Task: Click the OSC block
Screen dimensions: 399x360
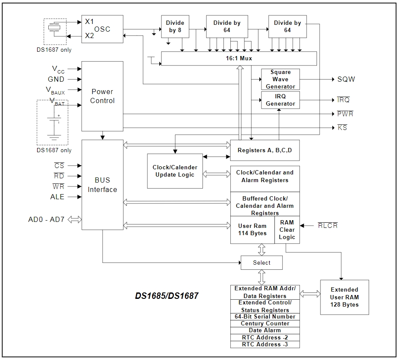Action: (102, 29)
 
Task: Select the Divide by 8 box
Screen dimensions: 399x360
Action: (175, 27)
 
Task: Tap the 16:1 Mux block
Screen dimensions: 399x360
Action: (239, 59)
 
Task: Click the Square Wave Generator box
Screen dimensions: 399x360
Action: (280, 79)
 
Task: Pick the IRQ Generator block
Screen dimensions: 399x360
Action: (280, 100)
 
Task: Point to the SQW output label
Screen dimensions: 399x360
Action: (346, 79)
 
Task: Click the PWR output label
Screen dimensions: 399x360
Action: (345, 114)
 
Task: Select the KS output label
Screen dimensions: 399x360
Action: (342, 127)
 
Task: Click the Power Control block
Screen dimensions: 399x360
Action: (102, 96)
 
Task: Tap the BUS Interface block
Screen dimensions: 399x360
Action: (102, 185)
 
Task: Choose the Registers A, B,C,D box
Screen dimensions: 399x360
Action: (265, 150)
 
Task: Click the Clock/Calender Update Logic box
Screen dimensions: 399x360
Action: (175, 171)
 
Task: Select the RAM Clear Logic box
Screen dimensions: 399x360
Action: (287, 230)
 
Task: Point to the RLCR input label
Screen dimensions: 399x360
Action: (328, 225)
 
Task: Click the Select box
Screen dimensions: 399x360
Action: (261, 263)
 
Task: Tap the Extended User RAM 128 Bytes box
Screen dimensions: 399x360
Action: (345, 298)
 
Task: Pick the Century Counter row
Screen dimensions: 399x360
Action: (265, 324)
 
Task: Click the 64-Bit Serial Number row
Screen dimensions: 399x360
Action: (265, 317)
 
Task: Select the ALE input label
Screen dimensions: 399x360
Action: (57, 197)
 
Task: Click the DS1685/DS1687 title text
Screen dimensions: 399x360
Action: (167, 296)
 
